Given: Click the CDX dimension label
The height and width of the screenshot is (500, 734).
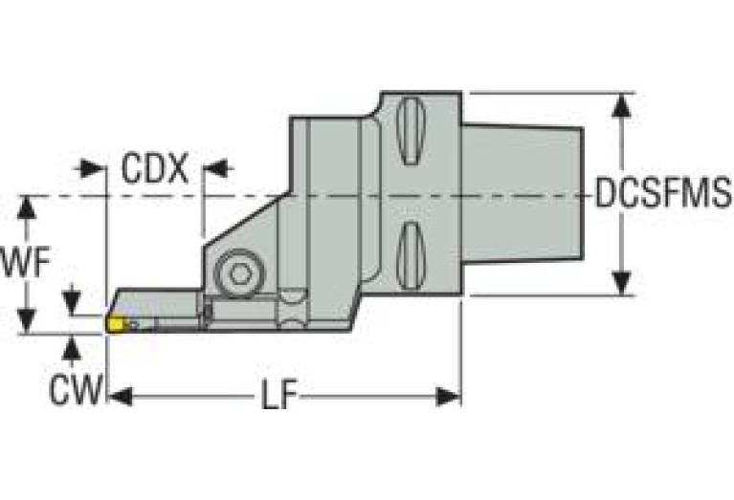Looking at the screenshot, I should pos(154,169).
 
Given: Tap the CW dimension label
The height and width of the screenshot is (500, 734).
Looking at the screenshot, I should pos(75,389).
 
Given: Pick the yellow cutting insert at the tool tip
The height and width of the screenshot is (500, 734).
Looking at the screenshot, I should pos(116,325).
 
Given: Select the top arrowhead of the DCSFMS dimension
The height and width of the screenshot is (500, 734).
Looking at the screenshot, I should pos(623,105).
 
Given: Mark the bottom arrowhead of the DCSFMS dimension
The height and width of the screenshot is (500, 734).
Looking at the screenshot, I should pos(623,283).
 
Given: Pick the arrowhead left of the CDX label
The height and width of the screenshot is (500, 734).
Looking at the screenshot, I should pos(94,169).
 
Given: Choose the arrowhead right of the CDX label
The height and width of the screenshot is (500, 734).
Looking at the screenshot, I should pos(214,169).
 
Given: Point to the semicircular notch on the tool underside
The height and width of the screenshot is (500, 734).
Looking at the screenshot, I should pos(289,320).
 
